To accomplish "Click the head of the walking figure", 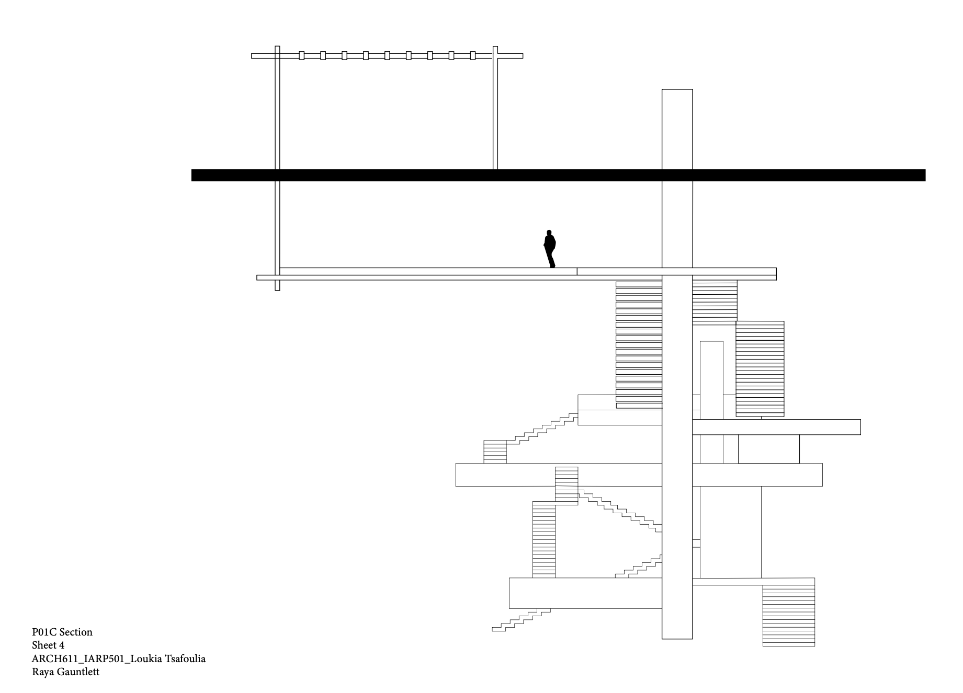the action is click(549, 233).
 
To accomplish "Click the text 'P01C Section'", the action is click(62, 632).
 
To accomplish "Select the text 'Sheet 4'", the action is click(48, 645).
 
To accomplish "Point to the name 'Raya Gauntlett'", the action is click(65, 672).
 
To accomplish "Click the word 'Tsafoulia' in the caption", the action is click(186, 659).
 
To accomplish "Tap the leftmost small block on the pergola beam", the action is click(302, 55).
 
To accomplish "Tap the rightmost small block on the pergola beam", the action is click(473, 55).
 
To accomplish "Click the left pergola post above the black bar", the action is click(277, 112).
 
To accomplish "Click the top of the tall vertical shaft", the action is click(677, 91).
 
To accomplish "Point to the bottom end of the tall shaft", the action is click(677, 636).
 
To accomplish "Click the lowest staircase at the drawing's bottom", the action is click(520, 620).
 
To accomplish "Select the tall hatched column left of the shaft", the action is click(639, 345).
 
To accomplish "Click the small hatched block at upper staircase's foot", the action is click(495, 452).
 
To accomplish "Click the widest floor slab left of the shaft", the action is click(558, 475).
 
